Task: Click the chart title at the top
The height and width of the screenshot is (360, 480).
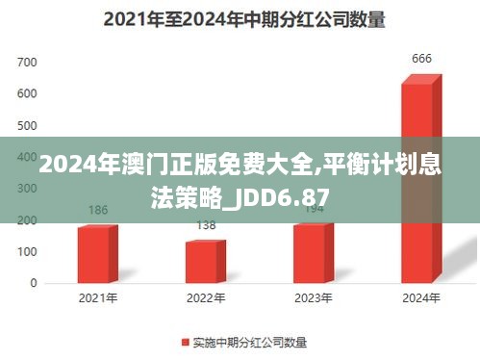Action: pos(240,17)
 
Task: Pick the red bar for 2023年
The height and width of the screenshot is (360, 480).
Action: pos(313,252)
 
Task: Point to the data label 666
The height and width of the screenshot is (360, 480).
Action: pos(421,59)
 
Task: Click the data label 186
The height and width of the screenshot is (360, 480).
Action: pos(98,209)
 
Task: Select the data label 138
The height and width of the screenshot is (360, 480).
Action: pos(206,225)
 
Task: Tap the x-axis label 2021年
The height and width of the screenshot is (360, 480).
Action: pos(98,298)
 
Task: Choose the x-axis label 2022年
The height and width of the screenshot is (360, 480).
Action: pos(206,298)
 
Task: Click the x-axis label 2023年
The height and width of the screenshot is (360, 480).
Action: pos(314,298)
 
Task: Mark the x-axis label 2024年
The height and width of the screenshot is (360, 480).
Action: pos(421,298)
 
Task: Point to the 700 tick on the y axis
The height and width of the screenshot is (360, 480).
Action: pos(27,63)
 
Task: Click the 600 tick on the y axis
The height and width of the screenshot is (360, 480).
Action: pos(27,94)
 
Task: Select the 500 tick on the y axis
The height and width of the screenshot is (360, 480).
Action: pos(27,126)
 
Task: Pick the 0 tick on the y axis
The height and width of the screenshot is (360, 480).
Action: pos(34,283)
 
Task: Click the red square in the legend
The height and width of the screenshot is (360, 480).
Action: pos(185,342)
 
